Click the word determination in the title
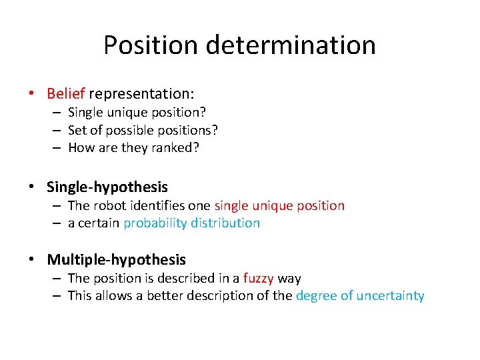click(x=291, y=45)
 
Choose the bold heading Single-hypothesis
click(x=107, y=187)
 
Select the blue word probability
click(x=155, y=223)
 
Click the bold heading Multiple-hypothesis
click(x=116, y=259)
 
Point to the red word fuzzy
click(x=259, y=278)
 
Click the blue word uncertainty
click(x=390, y=296)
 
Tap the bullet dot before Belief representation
click(x=32, y=94)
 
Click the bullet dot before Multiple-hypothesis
click(x=32, y=259)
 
